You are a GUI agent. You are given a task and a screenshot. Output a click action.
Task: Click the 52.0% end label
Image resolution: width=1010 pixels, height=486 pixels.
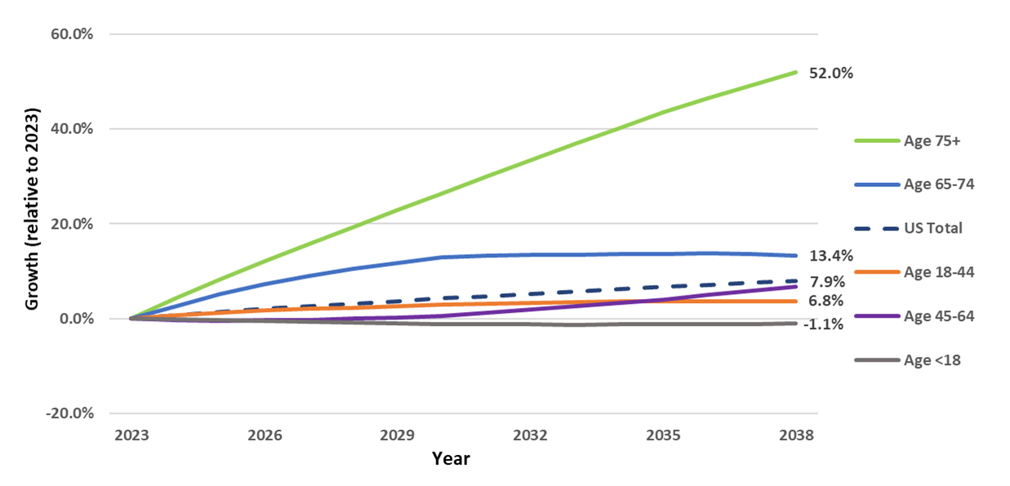click(830, 74)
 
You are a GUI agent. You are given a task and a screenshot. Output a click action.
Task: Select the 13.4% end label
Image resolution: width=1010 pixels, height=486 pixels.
click(830, 255)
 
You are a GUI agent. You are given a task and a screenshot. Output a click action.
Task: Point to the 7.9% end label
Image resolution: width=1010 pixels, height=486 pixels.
click(827, 282)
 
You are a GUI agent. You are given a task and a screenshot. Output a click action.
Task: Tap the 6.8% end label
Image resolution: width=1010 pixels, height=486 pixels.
click(827, 302)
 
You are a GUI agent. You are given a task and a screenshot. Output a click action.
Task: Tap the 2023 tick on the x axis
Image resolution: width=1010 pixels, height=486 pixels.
click(131, 435)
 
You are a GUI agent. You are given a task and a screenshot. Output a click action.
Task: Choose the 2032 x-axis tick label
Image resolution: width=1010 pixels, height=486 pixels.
click(531, 435)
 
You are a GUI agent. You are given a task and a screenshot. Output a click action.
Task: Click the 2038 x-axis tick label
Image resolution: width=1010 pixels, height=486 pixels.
click(797, 435)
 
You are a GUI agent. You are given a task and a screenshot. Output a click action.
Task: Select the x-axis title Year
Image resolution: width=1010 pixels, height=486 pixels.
click(451, 459)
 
